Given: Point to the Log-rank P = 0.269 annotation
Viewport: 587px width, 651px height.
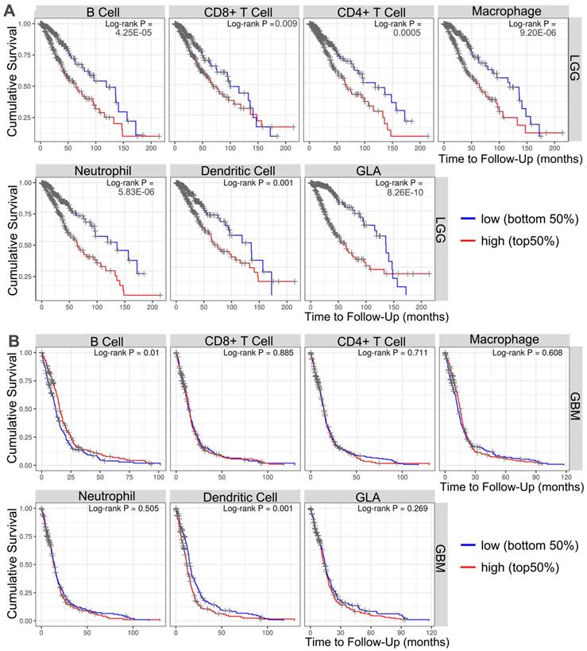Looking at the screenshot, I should click(390, 507).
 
